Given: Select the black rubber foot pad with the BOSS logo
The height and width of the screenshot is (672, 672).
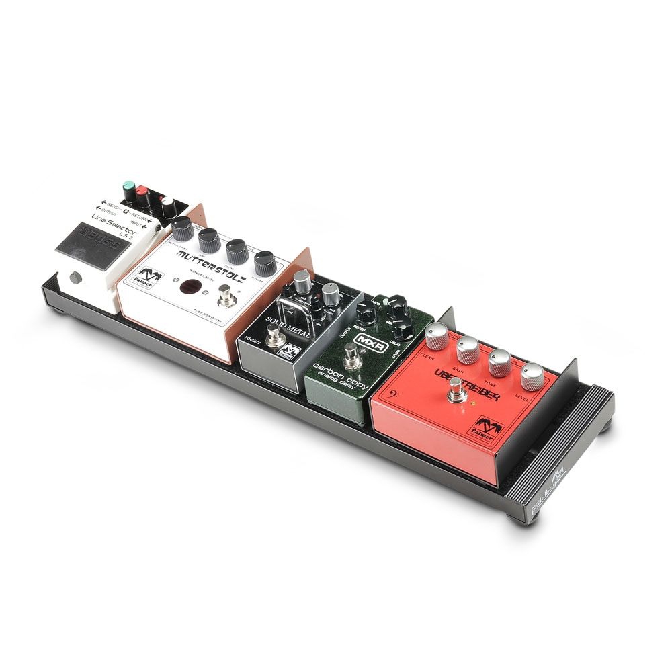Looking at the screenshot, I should [88, 246].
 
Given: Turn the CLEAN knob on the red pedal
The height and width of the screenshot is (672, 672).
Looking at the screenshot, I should [436, 334].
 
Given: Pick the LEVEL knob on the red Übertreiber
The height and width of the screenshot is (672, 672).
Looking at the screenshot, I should [532, 376].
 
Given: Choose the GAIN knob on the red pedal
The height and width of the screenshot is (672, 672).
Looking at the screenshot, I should [468, 348].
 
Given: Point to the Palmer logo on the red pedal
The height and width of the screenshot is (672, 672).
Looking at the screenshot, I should [490, 428].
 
